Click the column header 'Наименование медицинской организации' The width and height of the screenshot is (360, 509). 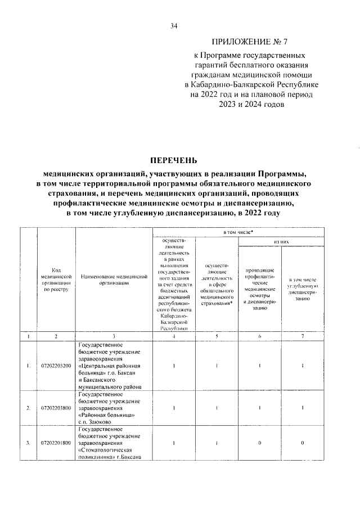[x=114, y=280]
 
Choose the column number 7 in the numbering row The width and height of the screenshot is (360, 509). [x=303, y=336]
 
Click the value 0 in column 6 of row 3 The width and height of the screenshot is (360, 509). [x=260, y=443]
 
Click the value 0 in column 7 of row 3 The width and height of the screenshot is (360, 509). [x=303, y=443]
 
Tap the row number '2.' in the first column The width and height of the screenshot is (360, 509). [x=29, y=408]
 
